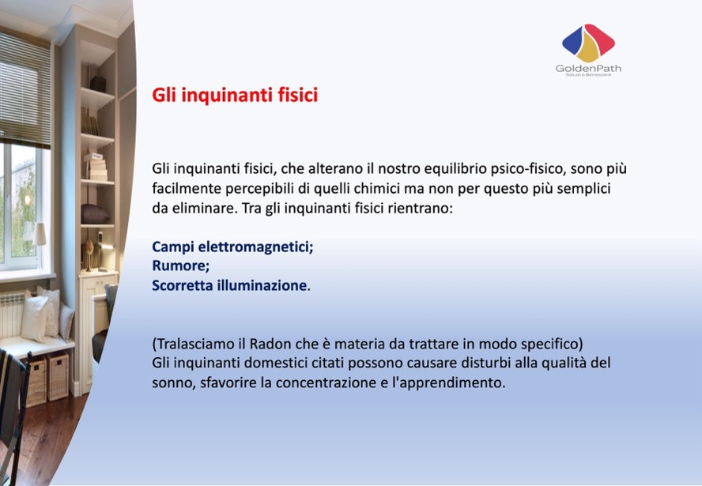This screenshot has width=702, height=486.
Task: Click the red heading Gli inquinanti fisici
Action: click(x=235, y=96)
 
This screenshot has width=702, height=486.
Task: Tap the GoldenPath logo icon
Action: click(x=588, y=43)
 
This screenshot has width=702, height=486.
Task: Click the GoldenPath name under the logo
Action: click(x=588, y=69)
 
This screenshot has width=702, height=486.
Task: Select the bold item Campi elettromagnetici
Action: click(x=232, y=247)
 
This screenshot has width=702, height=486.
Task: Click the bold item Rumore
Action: click(x=180, y=266)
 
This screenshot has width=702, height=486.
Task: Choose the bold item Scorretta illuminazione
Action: click(x=229, y=285)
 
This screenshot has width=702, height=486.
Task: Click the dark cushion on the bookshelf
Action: click(x=94, y=214)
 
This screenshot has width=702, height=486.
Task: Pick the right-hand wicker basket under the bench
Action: click(x=58, y=376)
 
